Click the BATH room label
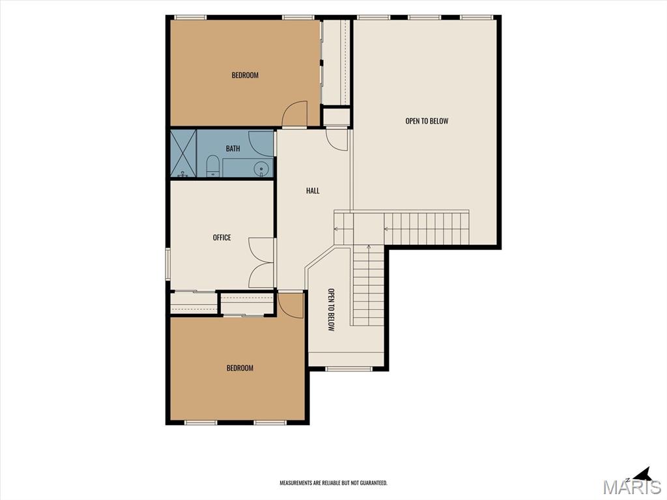233,148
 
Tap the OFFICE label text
221,237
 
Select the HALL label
313,191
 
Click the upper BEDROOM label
245,76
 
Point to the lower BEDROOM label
240,368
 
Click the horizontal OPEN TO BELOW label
427,120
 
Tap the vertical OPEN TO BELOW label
331,309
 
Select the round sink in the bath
261,169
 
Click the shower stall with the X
183,153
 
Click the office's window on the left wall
168,264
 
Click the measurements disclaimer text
333,483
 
